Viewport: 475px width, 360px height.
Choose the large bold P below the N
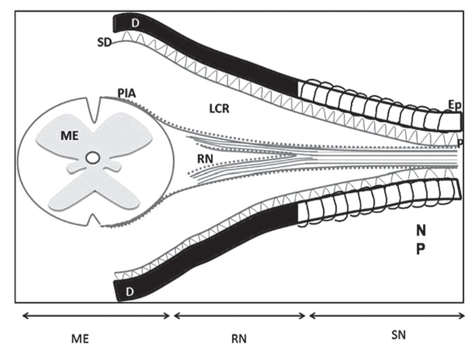click(421, 249)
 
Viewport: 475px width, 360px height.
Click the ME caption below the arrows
click(80, 339)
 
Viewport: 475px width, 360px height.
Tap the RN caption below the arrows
click(239, 339)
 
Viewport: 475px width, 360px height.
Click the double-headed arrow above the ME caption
click(96, 315)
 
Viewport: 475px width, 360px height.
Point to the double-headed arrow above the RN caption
click(239, 315)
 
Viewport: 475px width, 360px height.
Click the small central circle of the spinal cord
click(92, 158)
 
